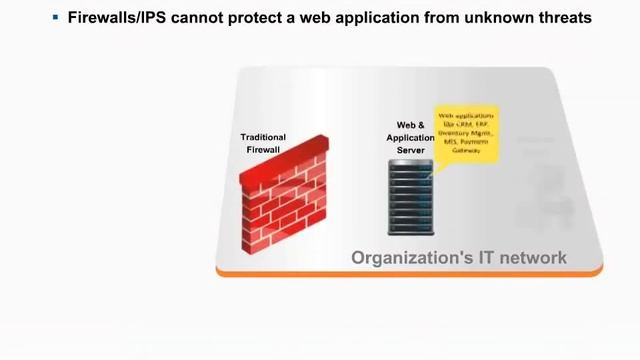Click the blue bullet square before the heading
55,18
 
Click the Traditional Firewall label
263,143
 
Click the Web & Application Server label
410,138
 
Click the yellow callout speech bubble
466,130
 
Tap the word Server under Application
410,150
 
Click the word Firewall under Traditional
263,149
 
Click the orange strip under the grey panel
410,271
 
